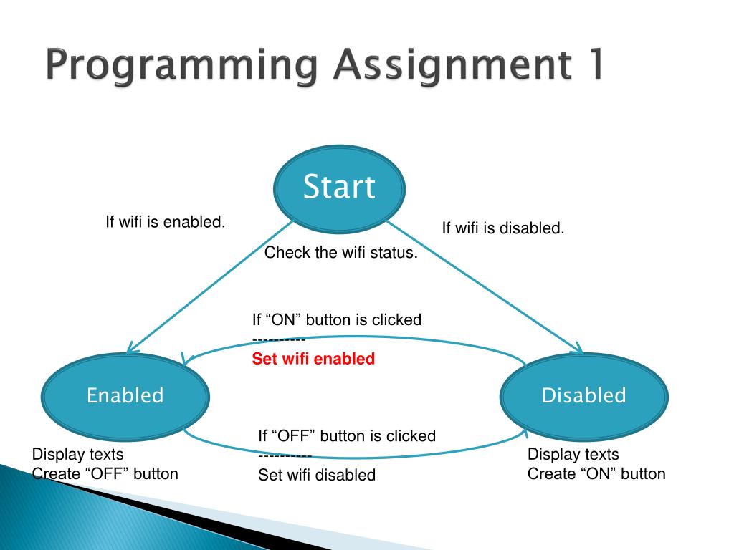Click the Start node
click(339, 188)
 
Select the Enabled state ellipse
click(125, 395)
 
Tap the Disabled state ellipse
click(583, 395)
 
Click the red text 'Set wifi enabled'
click(313, 359)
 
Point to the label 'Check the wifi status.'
click(340, 253)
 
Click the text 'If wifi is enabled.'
click(166, 222)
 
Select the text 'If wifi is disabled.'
click(502, 228)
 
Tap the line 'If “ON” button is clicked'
click(336, 320)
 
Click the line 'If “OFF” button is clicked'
click(347, 435)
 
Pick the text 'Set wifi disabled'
click(317, 475)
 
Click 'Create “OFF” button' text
click(105, 473)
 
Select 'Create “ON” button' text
click(596, 473)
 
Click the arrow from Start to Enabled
click(208, 286)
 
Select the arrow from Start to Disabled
click(487, 286)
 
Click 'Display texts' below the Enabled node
click(78, 454)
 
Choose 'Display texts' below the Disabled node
click(573, 454)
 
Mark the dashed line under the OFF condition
click(285, 455)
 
